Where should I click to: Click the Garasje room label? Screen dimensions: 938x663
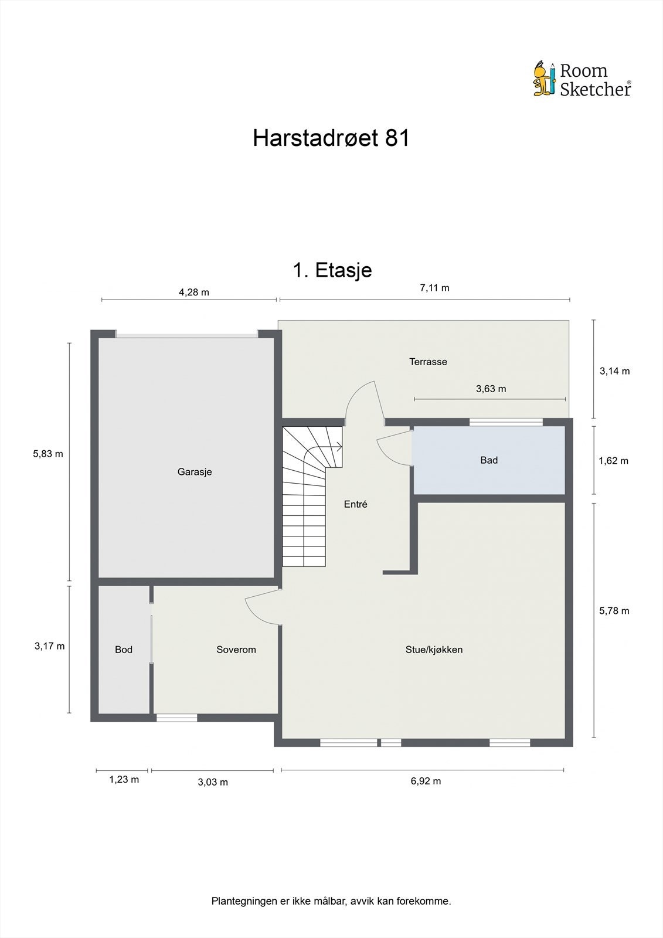coord(195,472)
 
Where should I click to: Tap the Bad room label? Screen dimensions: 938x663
coord(489,460)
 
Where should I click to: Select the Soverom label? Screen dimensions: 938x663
coord(236,650)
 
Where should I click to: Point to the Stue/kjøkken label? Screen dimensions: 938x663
coord(434,650)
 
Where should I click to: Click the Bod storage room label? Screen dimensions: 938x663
coord(124,650)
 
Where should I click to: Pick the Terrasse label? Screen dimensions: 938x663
coord(428,362)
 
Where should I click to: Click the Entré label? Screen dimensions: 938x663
coord(355,504)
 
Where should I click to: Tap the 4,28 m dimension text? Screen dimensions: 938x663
coord(194,292)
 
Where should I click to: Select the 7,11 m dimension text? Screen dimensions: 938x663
coord(434,288)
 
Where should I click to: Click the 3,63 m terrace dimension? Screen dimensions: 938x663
coord(491,389)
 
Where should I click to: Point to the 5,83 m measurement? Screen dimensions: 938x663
coord(48,453)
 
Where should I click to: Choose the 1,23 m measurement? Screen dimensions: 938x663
coord(124,780)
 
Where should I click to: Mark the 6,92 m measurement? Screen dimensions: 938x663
coord(426,781)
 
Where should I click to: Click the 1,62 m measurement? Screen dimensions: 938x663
coord(613,461)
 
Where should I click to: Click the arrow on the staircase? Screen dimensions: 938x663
coord(338,447)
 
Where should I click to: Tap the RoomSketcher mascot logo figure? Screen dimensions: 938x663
coord(544,79)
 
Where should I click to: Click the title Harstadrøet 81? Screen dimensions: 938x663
coord(331,138)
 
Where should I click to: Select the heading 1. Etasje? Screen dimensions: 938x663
coord(332,270)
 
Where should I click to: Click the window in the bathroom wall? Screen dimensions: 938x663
coord(506,422)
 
